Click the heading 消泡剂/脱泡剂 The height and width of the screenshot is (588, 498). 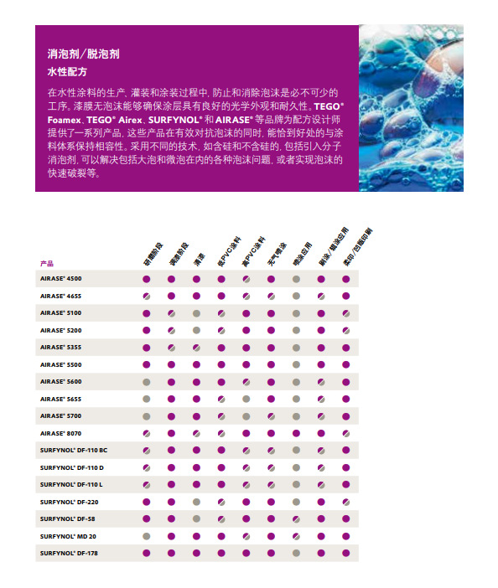[84, 54]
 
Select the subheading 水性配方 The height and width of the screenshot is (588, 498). [67, 72]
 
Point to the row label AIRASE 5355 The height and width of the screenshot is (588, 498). [60, 346]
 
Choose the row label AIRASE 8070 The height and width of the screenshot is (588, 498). [60, 433]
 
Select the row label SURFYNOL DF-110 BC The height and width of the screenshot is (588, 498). [73, 450]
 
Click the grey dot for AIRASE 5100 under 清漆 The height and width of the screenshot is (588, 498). [196, 312]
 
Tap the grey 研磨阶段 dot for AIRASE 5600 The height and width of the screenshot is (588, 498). [146, 381]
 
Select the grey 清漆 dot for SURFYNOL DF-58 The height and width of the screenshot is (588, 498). [196, 519]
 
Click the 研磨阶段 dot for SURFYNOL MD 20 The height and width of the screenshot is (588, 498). [146, 536]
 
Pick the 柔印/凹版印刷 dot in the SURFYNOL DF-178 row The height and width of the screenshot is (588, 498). [346, 554]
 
